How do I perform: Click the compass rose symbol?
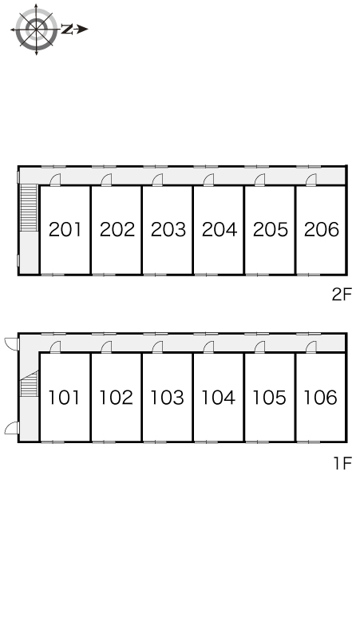(x=36, y=30)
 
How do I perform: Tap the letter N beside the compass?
(x=68, y=29)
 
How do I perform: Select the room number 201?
(x=65, y=229)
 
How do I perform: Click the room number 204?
(x=219, y=229)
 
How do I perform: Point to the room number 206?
(x=322, y=229)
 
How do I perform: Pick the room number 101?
(x=64, y=398)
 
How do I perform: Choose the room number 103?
(x=167, y=398)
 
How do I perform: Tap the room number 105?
(x=269, y=398)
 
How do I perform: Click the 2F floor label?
(x=341, y=295)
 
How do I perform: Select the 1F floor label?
(x=342, y=463)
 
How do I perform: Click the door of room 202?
(x=106, y=180)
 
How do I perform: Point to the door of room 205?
(x=260, y=180)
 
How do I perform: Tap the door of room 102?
(x=106, y=347)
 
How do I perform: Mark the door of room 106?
(x=311, y=347)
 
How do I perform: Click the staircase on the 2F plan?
(x=29, y=208)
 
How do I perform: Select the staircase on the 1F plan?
(x=29, y=384)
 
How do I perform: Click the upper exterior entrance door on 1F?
(x=12, y=343)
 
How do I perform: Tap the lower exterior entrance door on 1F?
(x=12, y=428)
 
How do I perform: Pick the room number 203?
(x=168, y=229)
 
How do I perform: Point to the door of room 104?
(x=209, y=347)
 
